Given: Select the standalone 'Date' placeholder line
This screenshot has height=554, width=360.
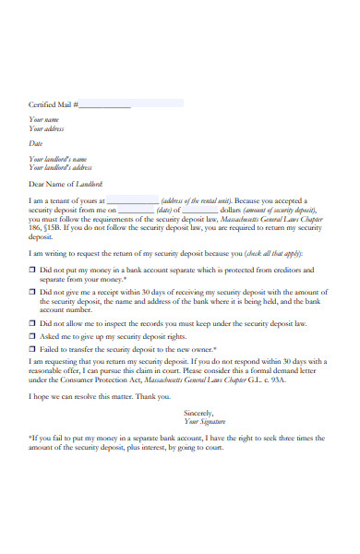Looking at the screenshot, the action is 36,143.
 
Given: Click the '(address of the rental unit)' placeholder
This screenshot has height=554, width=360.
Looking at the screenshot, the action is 197,201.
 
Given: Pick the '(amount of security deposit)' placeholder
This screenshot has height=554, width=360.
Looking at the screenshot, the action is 281,210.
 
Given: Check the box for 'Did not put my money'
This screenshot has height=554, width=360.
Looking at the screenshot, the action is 32,271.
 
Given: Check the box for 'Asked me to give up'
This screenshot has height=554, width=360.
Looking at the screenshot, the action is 32,337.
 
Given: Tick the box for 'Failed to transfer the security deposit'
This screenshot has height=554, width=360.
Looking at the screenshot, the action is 32,350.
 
